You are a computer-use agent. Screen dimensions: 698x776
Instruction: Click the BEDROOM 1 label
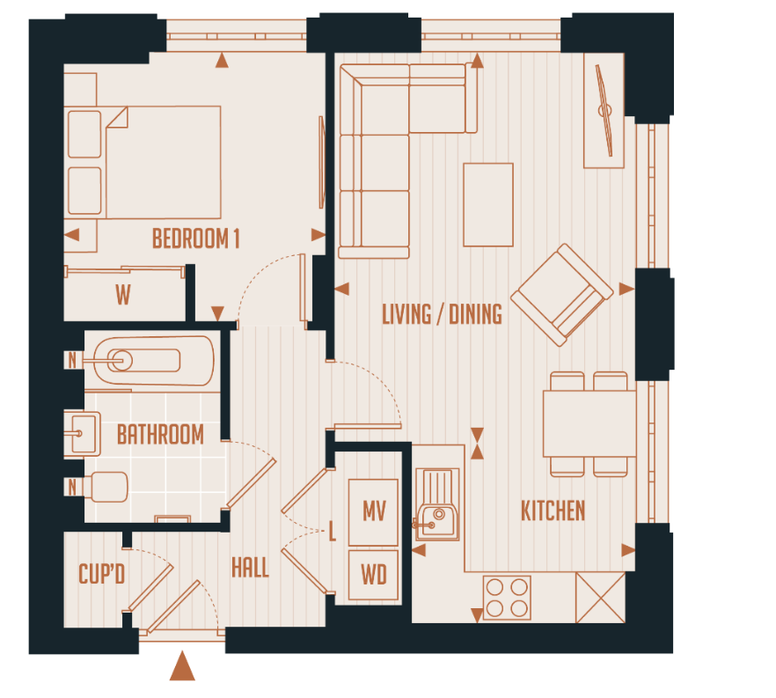(195, 239)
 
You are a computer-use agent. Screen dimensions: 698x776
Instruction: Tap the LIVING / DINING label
(442, 314)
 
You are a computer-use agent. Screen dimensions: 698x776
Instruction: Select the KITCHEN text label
(553, 511)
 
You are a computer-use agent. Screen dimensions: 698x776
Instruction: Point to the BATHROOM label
(160, 434)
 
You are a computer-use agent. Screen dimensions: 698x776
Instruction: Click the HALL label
(250, 567)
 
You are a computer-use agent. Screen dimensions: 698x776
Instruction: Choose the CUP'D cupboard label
(102, 575)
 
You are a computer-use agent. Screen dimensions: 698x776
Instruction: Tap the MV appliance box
(374, 511)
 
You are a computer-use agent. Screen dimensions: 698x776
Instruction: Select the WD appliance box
(374, 576)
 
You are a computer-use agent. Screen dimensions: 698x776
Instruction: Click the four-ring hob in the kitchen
(507, 598)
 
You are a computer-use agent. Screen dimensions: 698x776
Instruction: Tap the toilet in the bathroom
(106, 487)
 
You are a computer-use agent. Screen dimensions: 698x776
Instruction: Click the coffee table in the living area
(488, 205)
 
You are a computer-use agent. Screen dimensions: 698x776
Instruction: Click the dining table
(589, 422)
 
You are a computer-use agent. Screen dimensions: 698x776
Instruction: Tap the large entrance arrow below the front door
(182, 666)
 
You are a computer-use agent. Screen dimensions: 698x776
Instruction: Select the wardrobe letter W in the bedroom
(122, 296)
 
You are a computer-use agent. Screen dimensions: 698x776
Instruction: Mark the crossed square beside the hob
(599, 598)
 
